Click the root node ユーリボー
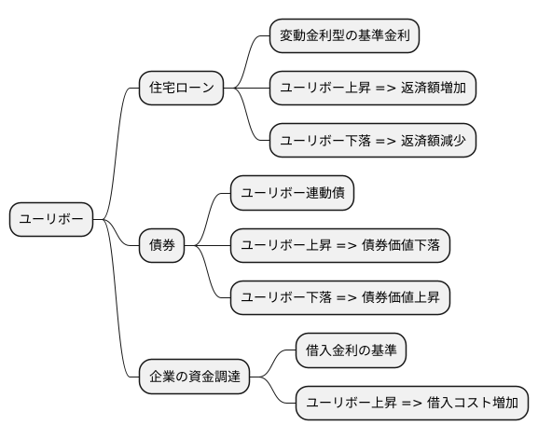pyautogui.click(x=51, y=220)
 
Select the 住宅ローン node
pyautogui.click(x=181, y=89)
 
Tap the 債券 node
pyautogui.click(x=162, y=246)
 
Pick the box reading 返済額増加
pyautogui.click(x=373, y=89)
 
